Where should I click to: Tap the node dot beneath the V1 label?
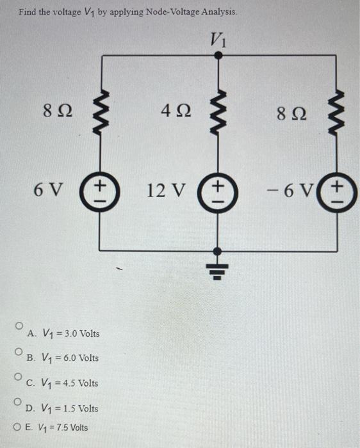pos(218,56)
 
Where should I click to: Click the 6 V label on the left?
pos(49,190)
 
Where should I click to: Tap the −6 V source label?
pos(294,190)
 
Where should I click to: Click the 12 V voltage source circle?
pos(218,190)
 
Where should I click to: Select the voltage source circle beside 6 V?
pos(99,190)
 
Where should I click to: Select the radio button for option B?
pos(20,351)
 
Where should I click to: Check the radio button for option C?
pos(20,376)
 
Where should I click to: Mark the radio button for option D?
pos(20,401)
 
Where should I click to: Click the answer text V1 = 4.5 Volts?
pos(62,383)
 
